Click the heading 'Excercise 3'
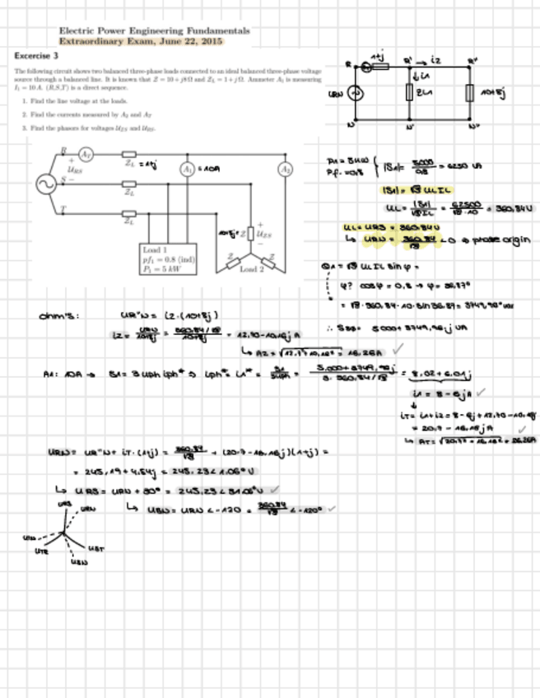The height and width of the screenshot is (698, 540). [x=36, y=56]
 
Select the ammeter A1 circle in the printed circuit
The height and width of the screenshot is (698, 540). [x=188, y=169]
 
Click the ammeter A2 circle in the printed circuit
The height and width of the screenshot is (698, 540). [x=286, y=170]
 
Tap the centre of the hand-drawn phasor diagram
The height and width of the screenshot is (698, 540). [x=63, y=534]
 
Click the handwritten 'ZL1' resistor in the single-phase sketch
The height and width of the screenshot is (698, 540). [x=409, y=93]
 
